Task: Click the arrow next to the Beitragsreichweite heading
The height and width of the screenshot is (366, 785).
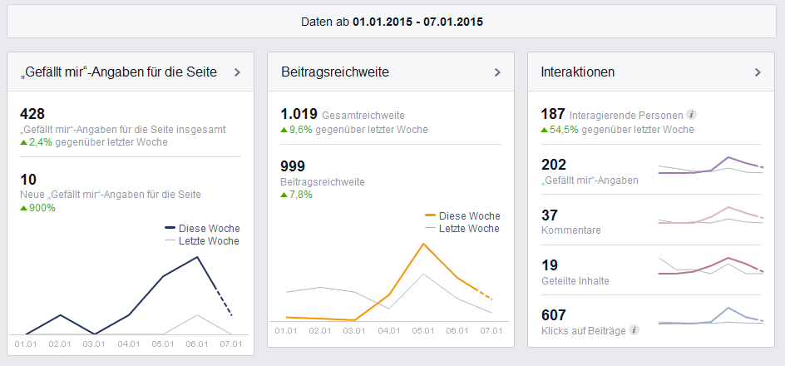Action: [497, 72]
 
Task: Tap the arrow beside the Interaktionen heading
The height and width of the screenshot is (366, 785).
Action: [758, 72]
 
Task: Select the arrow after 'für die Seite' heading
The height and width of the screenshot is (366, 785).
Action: [237, 72]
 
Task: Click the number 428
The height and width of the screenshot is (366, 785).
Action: [32, 114]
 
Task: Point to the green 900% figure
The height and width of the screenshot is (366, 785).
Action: [42, 207]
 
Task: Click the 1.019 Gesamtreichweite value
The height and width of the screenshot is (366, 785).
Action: [299, 115]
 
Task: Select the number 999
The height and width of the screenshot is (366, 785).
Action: [293, 166]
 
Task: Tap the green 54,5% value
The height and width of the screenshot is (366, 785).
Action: [564, 130]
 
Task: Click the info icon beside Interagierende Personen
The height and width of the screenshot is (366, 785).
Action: [691, 115]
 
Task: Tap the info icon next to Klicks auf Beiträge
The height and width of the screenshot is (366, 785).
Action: [634, 330]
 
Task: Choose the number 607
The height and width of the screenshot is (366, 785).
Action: [553, 315]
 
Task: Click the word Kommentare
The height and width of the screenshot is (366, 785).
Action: [571, 230]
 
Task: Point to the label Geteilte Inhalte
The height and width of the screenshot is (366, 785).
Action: [575, 281]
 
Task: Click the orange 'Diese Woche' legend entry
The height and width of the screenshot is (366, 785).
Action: [462, 216]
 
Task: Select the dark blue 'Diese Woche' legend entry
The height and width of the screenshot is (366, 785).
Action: [202, 228]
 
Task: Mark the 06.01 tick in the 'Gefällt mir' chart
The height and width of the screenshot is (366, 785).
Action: [197, 344]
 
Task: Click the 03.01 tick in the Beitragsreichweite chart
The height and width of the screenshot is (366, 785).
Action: [354, 330]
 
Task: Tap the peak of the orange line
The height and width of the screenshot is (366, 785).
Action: [423, 244]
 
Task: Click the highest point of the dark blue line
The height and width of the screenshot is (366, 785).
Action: [198, 257]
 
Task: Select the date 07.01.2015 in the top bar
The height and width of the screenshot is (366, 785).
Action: [453, 22]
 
